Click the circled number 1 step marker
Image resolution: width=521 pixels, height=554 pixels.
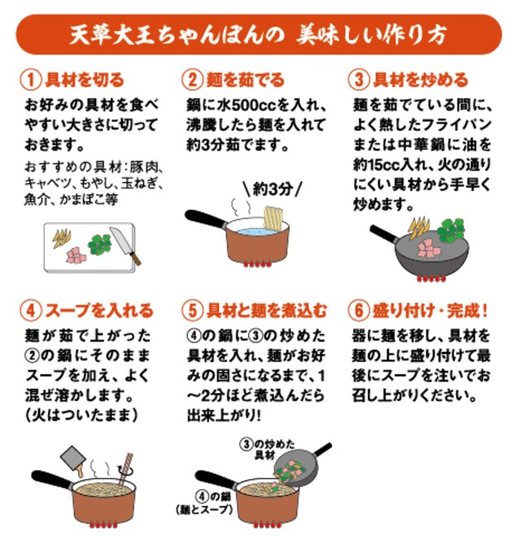tap(29, 80)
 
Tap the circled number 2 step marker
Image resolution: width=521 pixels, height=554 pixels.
tap(192, 80)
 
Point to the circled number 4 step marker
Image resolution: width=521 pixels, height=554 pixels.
tap(29, 311)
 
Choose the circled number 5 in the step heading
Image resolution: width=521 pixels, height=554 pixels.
tap(192, 311)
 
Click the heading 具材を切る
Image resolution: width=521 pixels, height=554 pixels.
tap(84, 80)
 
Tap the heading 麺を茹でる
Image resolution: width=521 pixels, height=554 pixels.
tap(244, 80)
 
